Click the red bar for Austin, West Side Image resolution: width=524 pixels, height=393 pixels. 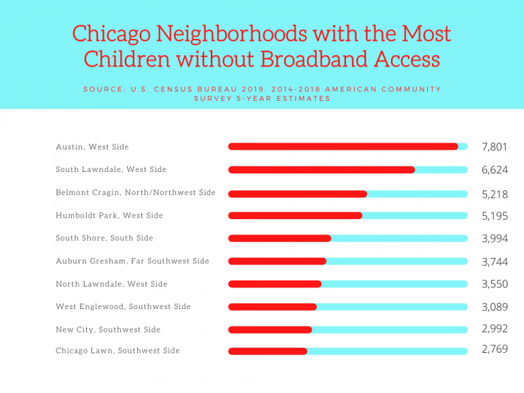[x=343, y=147]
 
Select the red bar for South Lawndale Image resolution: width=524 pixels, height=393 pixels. [x=321, y=169]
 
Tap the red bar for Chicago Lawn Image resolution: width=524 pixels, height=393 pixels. [x=267, y=351]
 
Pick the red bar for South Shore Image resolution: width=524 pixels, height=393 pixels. [x=279, y=238]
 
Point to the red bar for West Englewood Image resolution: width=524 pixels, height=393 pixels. [x=272, y=307]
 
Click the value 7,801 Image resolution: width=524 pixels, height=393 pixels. [x=494, y=147]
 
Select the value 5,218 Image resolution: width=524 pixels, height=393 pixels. [x=494, y=194]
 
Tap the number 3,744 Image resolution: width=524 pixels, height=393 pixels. [x=494, y=262]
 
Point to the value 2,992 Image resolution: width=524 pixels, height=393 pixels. [x=494, y=329]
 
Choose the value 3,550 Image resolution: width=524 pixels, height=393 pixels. [x=494, y=285]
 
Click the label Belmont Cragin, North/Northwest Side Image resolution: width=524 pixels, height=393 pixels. [x=136, y=192]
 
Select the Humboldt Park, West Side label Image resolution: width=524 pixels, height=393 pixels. [x=109, y=216]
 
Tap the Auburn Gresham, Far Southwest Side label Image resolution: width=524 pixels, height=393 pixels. [x=132, y=261]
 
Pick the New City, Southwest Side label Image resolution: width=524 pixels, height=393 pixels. [x=108, y=330]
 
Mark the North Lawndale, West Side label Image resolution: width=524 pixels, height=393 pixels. [x=111, y=284]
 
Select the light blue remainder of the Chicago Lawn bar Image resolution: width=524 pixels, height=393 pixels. [x=387, y=351]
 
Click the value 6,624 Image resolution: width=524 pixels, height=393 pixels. [x=494, y=170]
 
